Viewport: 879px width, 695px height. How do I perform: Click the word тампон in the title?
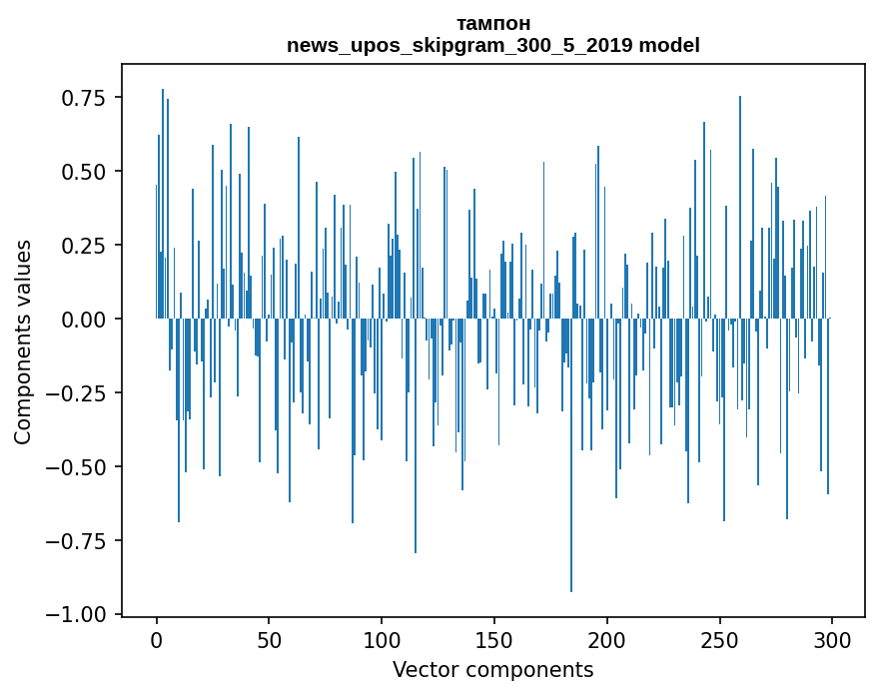tap(492, 23)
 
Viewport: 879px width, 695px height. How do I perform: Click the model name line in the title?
tap(492, 45)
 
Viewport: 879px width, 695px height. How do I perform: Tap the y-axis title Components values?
tap(23, 342)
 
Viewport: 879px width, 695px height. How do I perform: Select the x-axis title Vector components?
tap(492, 670)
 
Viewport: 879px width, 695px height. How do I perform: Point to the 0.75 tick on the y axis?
tap(84, 98)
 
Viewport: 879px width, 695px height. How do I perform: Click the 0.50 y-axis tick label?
tap(84, 172)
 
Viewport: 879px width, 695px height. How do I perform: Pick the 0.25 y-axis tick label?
tap(84, 246)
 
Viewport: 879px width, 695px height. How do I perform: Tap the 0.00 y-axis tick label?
tap(84, 320)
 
